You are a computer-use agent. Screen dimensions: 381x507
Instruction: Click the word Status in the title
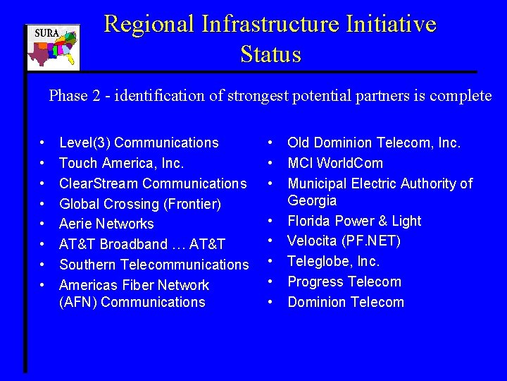pos(270,54)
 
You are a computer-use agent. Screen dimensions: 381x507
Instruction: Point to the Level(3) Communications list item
pos(139,143)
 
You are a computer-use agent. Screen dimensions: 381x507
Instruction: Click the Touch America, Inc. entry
pos(121,163)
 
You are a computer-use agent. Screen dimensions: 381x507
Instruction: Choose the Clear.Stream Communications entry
pos(153,183)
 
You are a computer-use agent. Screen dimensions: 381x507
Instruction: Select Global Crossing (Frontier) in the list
pos(140,204)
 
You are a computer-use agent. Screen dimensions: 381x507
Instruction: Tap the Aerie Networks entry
pos(106,224)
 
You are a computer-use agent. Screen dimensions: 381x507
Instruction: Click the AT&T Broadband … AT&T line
pos(142,244)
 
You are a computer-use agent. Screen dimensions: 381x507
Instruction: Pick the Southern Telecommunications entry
pos(154,265)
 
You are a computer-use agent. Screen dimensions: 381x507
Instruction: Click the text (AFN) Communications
pos(132,302)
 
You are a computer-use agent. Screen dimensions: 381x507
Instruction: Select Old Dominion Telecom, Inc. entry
pos(374,143)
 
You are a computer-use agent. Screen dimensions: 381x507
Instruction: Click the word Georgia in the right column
pos(312,200)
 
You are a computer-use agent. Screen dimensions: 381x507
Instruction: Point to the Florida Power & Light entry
pos(354,221)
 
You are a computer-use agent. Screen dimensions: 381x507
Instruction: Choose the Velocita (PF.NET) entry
pos(344,241)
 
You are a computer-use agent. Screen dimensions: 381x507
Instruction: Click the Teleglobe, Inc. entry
pos(333,261)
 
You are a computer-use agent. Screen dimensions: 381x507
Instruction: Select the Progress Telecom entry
pos(344,282)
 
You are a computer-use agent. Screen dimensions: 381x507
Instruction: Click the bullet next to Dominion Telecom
pos(271,302)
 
